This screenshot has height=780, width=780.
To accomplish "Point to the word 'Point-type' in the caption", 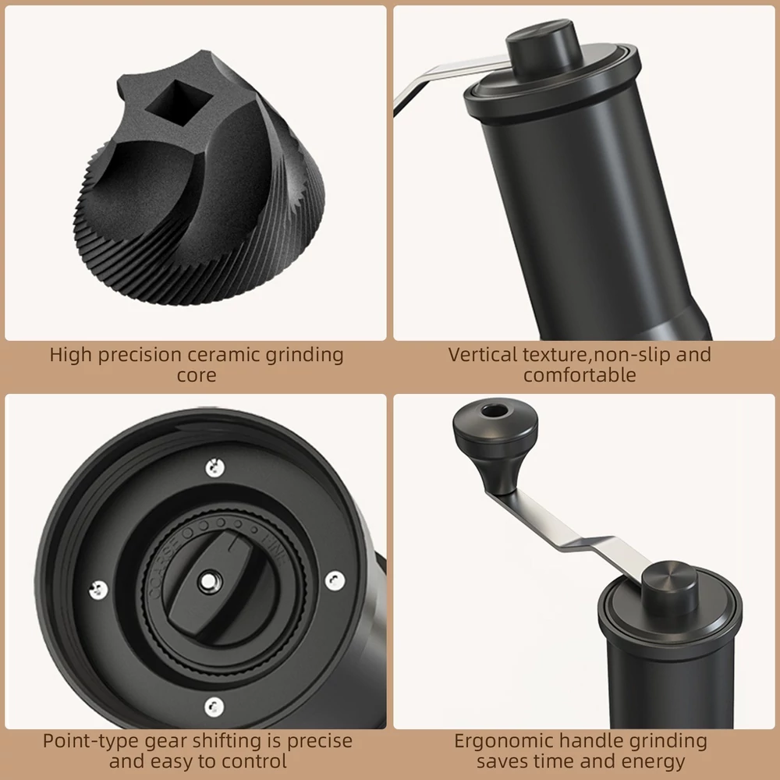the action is coord(90,741).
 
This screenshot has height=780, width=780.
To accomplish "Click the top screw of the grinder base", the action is coord(215,467).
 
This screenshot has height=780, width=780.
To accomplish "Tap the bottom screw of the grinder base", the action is coord(214,707).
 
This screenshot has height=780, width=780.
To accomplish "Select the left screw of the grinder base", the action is coord(98,590).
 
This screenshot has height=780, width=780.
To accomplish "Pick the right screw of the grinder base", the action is coord(335,580).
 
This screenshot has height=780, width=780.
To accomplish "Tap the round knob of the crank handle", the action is coord(495,443).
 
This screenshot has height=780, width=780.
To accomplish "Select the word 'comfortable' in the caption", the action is coord(580,374).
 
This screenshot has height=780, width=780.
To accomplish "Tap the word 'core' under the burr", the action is coord(197,376).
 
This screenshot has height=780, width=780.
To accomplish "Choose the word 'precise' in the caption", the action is coord(319,742).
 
